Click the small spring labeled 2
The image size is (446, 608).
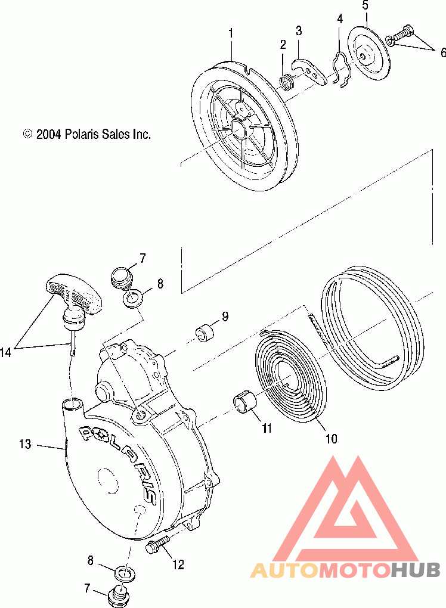[287, 80]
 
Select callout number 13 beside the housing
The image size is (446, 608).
[24, 444]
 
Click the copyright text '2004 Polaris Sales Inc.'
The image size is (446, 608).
[87, 134]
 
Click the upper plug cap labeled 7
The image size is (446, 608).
[121, 277]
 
